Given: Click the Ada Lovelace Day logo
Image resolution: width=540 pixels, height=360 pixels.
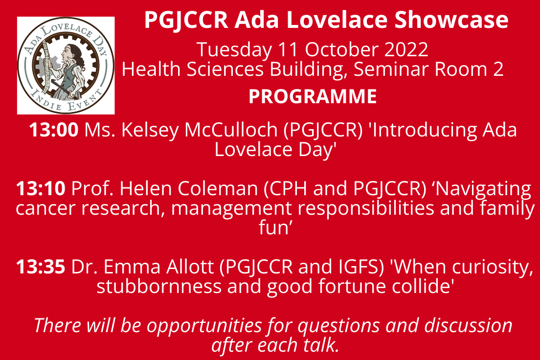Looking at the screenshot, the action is [66, 66].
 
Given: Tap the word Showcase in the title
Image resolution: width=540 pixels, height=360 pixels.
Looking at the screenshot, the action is [451, 20].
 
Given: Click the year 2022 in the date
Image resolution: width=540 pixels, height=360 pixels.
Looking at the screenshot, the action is [406, 49].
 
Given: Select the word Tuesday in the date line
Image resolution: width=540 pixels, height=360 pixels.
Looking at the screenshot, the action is [234, 50].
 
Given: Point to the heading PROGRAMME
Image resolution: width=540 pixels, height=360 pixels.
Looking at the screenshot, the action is [313, 96].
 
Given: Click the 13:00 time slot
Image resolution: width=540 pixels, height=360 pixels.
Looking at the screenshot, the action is [54, 130].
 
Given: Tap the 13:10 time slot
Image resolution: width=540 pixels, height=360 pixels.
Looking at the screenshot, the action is [41, 189].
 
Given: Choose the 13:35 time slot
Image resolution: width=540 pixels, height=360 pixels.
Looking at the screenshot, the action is [41, 267].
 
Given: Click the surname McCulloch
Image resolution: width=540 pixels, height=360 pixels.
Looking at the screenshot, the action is [231, 130].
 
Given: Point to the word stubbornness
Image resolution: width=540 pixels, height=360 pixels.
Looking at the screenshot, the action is [159, 286].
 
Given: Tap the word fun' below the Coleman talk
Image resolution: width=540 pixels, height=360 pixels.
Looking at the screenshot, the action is [276, 228].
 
